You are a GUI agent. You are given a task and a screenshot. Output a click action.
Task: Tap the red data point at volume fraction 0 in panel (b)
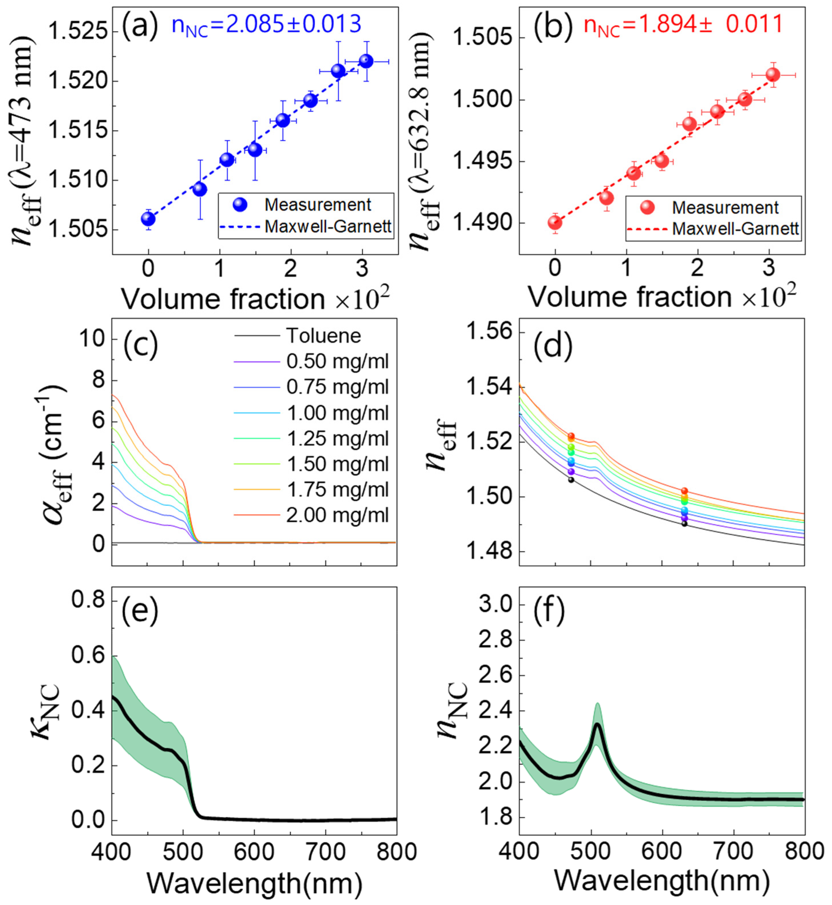coord(555,223)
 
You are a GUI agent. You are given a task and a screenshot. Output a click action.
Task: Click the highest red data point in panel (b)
coord(772,74)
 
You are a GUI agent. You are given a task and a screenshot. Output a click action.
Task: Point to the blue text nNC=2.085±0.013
coord(267,25)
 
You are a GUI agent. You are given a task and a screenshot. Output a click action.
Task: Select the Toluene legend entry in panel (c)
coord(323,336)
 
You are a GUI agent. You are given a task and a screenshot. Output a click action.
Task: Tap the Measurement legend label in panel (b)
coord(725,208)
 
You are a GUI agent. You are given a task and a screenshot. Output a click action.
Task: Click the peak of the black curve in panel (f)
coord(598,725)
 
